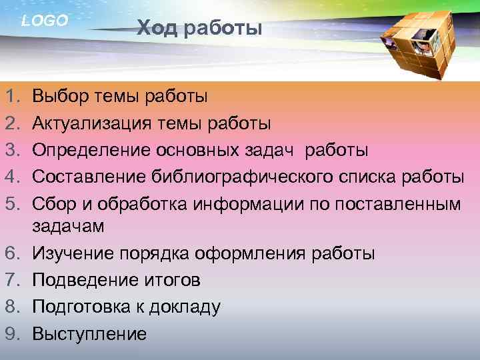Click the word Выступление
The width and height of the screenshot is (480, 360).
pos(89,333)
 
